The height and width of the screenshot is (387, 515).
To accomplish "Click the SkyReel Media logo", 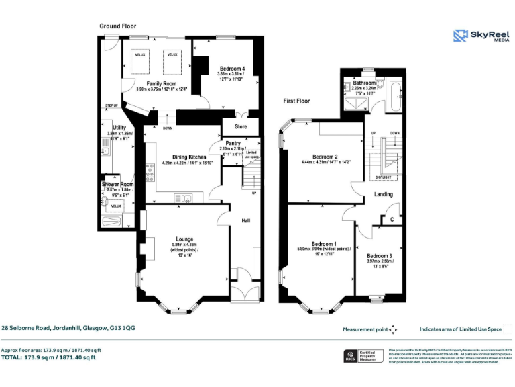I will pyautogui.click(x=478, y=36).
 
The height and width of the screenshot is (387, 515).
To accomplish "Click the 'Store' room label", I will pyautogui.click(x=240, y=126).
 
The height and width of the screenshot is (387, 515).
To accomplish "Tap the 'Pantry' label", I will pyautogui.click(x=233, y=143).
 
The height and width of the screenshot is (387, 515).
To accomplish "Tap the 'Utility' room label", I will pyautogui.click(x=119, y=128).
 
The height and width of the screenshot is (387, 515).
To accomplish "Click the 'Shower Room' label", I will pyautogui.click(x=118, y=184).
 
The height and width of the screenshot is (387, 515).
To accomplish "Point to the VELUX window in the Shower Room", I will pyautogui.click(x=115, y=206).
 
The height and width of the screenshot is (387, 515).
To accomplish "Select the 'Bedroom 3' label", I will pyautogui.click(x=380, y=256).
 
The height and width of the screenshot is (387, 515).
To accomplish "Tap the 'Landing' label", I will pyautogui.click(x=384, y=194).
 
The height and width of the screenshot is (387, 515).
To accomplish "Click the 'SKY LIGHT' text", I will pyautogui.click(x=383, y=177).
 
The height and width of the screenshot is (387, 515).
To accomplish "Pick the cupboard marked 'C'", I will pyautogui.click(x=392, y=219).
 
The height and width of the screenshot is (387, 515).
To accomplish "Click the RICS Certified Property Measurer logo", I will pyautogui.click(x=358, y=356).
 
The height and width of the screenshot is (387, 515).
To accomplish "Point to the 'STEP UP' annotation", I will pyautogui.click(x=111, y=105).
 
